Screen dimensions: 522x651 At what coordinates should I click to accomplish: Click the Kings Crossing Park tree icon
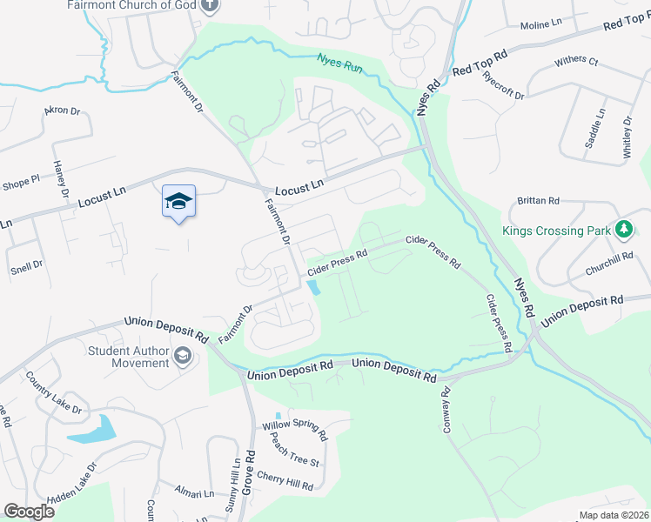click(623, 230)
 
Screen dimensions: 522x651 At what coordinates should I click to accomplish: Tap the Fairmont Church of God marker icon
click(209, 6)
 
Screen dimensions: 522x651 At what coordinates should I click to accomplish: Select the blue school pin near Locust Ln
click(178, 202)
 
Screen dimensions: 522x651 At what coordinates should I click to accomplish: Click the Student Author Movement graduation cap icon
click(183, 355)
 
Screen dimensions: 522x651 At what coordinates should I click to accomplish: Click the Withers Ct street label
click(576, 62)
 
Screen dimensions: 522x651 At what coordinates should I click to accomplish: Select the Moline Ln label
click(545, 25)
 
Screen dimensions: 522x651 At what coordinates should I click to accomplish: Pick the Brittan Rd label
click(538, 201)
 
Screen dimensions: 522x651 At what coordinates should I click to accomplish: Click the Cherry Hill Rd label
click(286, 480)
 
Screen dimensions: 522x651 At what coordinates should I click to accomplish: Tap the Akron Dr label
click(62, 111)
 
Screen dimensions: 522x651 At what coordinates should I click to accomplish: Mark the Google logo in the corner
click(29, 512)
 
